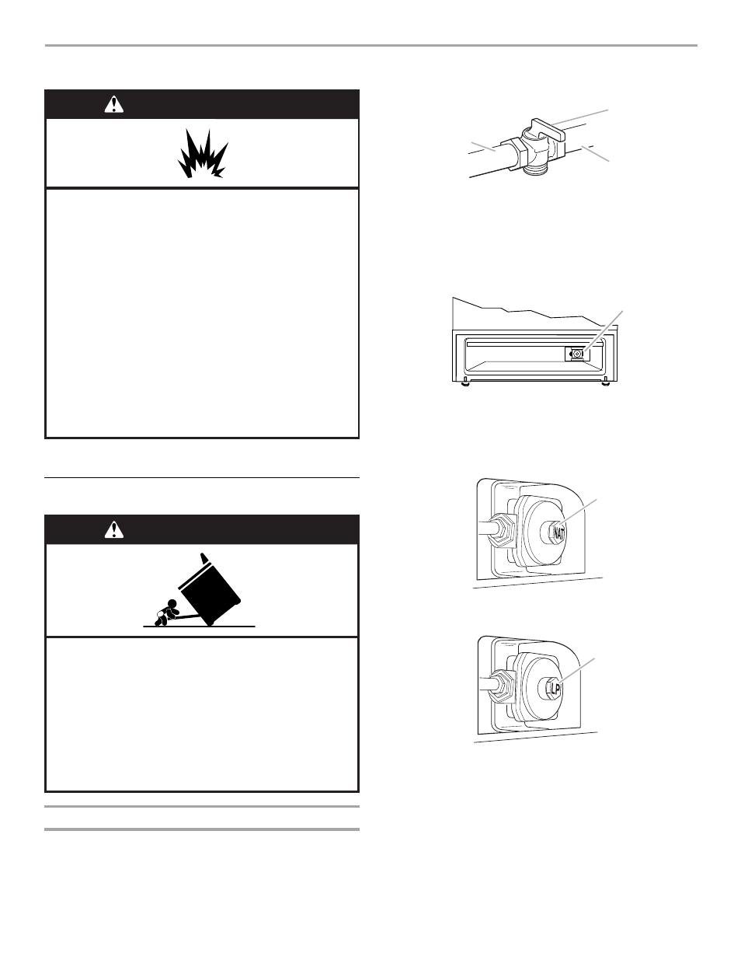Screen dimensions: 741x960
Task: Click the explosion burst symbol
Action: point(202,153)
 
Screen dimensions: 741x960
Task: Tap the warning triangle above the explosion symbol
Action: point(114,104)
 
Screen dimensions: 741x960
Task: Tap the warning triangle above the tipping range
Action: point(114,529)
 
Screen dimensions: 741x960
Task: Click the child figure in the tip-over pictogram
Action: point(169,612)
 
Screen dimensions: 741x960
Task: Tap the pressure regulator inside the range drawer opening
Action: point(576,354)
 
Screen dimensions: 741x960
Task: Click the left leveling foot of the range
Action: point(464,382)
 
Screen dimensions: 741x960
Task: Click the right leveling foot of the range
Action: point(604,382)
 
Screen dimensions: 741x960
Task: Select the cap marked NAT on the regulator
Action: point(556,532)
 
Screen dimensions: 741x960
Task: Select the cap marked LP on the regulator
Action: point(554,687)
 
